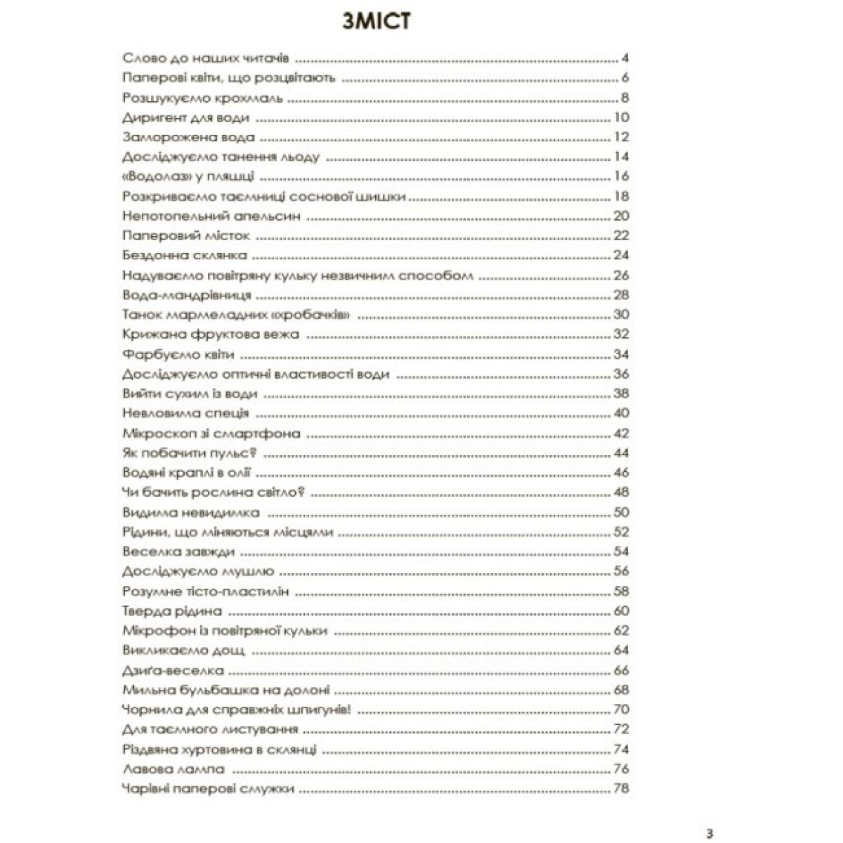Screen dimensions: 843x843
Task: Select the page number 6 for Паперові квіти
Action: click(625, 78)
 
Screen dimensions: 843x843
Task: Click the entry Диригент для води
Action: click(185, 117)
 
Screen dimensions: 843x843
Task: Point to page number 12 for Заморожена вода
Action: click(621, 137)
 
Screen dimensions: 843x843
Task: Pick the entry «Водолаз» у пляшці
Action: click(188, 176)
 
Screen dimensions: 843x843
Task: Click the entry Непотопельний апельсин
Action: click(211, 216)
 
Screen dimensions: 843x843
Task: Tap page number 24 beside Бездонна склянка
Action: click(621, 255)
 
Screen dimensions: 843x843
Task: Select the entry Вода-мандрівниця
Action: click(186, 295)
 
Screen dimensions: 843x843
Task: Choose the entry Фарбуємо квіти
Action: click(178, 354)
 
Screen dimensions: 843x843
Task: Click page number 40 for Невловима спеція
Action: click(621, 413)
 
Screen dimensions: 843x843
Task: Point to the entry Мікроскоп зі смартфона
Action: click(211, 433)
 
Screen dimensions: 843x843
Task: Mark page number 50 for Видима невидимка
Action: click(621, 512)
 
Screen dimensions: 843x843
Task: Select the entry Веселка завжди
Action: click(178, 551)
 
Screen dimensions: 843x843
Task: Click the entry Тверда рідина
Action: click(172, 611)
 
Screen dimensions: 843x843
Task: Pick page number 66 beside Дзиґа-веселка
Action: click(621, 670)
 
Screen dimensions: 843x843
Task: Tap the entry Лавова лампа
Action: click(174, 769)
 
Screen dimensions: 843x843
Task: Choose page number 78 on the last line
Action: click(621, 788)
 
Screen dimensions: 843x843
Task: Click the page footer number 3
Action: click(710, 834)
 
